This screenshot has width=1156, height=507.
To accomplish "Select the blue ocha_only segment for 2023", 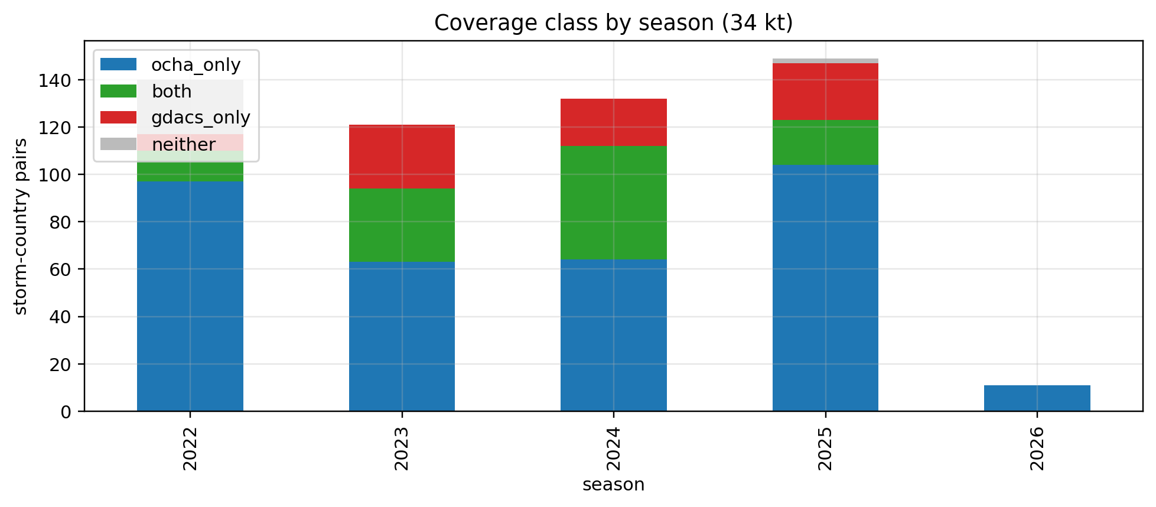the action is point(402,336).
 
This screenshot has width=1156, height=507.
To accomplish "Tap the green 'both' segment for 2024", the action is point(613,203).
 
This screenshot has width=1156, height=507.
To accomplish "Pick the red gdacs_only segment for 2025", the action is point(825,92).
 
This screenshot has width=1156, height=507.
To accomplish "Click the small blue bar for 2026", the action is point(1037,398).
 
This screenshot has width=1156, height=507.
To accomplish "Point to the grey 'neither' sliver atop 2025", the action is point(825,61).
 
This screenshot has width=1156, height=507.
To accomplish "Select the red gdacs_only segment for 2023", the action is point(402,157).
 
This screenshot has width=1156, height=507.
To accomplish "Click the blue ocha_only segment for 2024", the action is point(613,335).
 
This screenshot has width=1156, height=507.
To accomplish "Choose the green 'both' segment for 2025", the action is point(825,142).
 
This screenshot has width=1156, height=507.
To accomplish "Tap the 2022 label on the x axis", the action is point(190,448).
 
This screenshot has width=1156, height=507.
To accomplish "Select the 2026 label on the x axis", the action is point(1037,448).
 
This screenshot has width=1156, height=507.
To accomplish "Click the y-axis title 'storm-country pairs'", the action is point(21,226).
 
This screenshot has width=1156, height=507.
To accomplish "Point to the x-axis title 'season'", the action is point(613,485).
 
